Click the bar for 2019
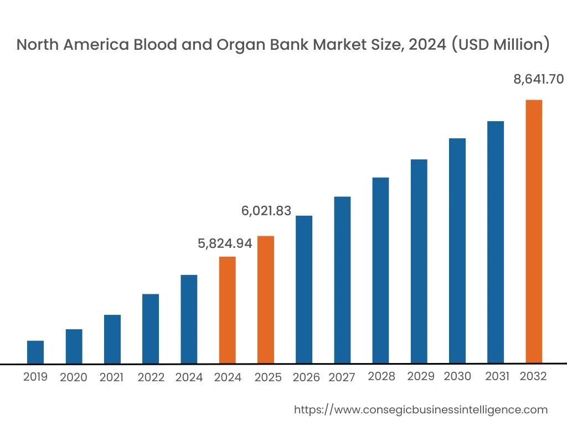pos(35,352)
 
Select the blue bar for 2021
pos(112,339)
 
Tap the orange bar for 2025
pos(266,299)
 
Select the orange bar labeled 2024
pos(228,310)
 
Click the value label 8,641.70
pos(539,80)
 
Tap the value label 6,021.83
pos(266,211)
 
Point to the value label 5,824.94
pos(225,243)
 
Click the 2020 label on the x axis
pos(74,377)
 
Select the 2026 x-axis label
pos(306,377)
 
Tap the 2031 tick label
pos(497,377)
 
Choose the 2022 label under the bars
pos(151,377)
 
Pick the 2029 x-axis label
pos(421,377)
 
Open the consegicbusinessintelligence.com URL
pos(421,410)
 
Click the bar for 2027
pos(342,280)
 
